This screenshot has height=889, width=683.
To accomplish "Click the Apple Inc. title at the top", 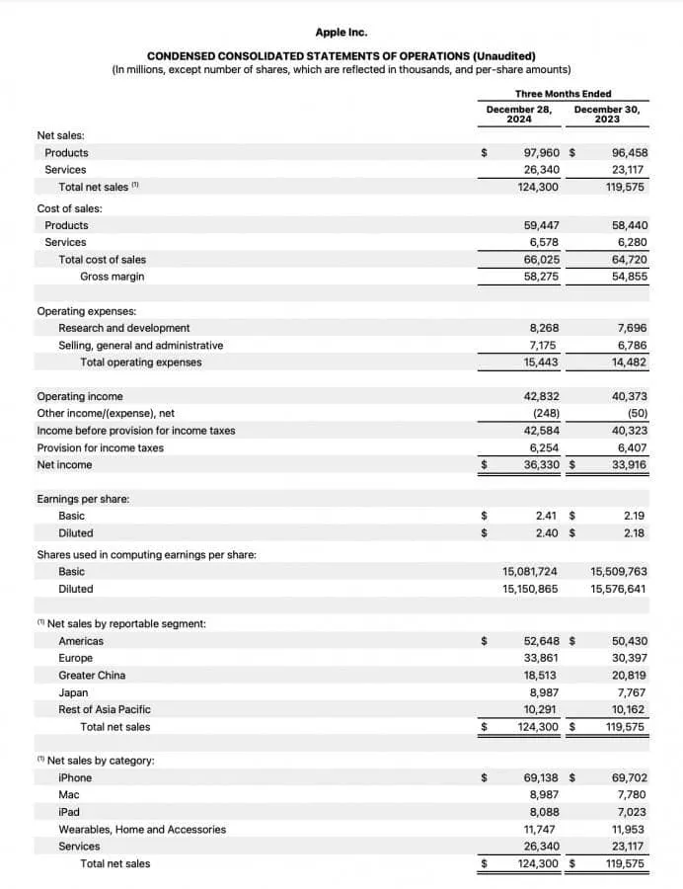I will click(x=341, y=33).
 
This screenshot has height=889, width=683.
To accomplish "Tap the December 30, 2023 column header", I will click(x=606, y=115).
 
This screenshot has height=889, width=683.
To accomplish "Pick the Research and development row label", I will click(x=124, y=328).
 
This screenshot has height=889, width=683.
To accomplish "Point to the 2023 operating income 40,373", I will click(x=629, y=396).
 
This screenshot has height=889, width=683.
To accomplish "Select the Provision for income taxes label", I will click(x=101, y=447).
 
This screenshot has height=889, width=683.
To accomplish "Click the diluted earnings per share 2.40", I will click(x=547, y=533).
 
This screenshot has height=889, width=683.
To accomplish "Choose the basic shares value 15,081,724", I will click(x=530, y=572).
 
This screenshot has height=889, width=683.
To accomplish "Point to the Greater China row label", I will click(x=92, y=676).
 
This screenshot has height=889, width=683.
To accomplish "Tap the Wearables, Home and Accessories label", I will click(x=142, y=830).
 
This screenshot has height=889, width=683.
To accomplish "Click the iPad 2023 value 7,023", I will click(x=630, y=812).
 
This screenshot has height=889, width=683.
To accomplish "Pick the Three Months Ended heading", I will click(x=563, y=94).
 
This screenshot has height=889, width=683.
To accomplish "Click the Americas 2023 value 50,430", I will click(x=629, y=641).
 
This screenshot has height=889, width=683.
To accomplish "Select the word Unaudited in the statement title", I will click(x=504, y=56).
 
